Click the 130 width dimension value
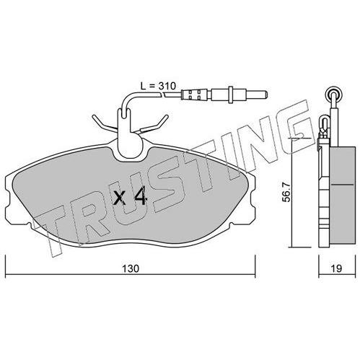coord(131,268)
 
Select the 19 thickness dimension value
coord(336,268)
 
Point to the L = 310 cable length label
coord(158,86)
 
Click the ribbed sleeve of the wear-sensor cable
coord(195,94)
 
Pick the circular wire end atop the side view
coord(333,93)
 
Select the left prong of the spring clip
coord(104,123)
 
